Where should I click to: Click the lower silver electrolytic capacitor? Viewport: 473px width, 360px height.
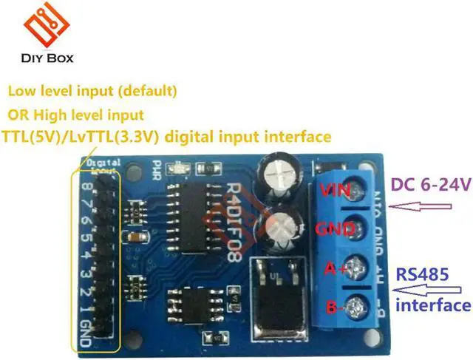(283, 229)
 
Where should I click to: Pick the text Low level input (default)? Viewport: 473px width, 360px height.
(92, 92)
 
